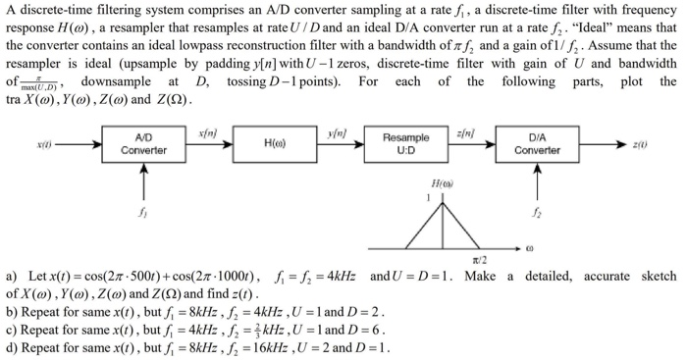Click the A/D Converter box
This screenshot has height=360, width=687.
[x=142, y=144]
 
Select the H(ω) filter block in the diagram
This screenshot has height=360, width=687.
[x=275, y=144]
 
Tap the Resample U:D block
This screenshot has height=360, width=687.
[x=405, y=144]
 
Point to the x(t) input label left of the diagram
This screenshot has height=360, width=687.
[x=45, y=144]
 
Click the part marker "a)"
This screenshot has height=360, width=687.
[x=12, y=278]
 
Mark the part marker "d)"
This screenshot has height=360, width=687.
[x=12, y=346]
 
